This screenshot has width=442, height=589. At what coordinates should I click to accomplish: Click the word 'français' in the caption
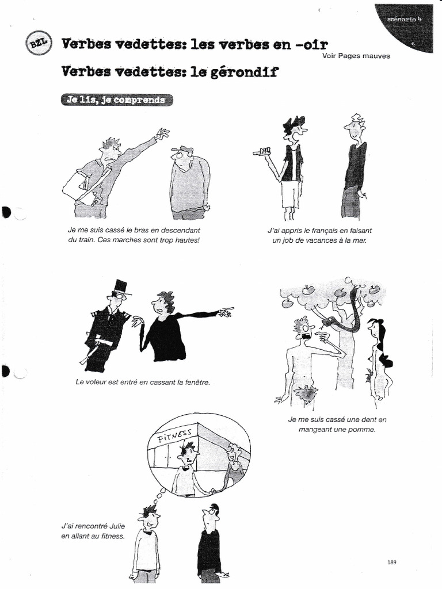[319, 230]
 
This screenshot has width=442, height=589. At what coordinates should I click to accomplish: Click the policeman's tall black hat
[120, 286]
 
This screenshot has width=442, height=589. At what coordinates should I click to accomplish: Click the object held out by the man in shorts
[264, 152]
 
